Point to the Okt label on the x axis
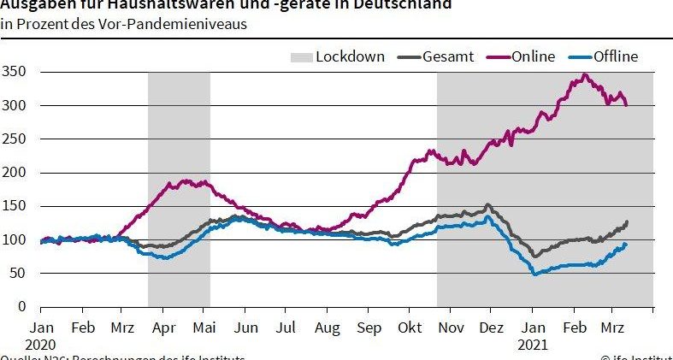click(411, 328)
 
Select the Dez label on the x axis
click(492, 328)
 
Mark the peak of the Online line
click(585, 74)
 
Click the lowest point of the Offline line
click(535, 274)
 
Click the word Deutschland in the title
click(401, 3)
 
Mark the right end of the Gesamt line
click(627, 222)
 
